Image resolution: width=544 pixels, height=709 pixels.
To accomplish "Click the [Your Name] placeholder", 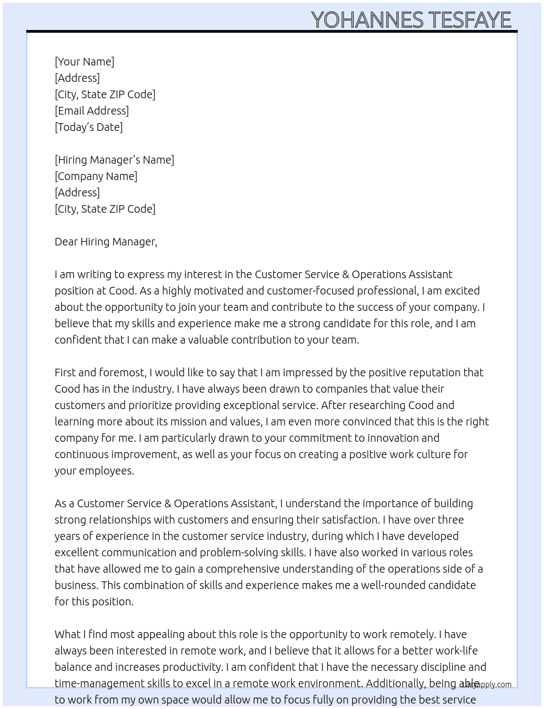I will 85,62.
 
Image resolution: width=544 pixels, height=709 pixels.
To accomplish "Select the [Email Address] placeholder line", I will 92,111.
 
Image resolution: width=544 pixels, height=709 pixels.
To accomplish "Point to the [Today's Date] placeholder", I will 88,127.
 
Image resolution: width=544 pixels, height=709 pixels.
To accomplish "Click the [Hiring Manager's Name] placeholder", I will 114,160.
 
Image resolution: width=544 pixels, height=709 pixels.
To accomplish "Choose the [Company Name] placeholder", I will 96,176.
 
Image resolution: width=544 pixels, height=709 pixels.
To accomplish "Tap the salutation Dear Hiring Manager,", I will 106,242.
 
